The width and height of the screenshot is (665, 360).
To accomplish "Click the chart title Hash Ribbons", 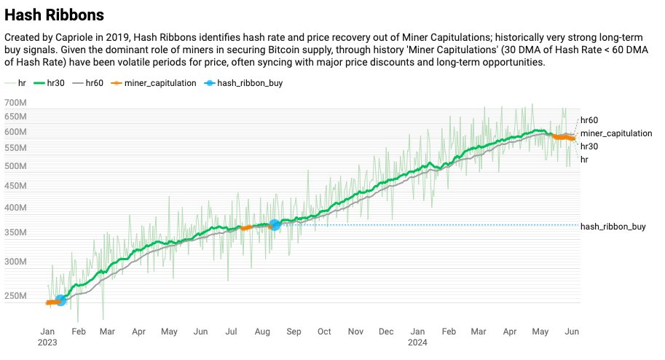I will point(54,15).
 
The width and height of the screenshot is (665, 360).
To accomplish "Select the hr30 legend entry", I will point(50,83).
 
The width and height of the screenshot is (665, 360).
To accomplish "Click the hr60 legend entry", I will point(90,83).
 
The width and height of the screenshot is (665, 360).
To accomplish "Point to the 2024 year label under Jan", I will point(417,342).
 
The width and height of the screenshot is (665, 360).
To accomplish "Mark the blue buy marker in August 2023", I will point(275,225).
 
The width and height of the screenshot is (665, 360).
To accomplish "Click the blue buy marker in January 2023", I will point(60,300).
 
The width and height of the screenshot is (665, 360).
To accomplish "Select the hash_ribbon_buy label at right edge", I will point(613,227).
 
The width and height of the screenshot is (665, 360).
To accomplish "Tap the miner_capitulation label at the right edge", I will point(615,133).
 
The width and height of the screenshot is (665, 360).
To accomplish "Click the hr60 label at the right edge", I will point(589,120).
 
